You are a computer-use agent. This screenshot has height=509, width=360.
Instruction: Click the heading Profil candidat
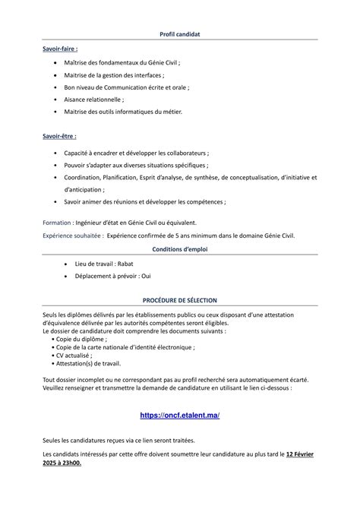point(180,36)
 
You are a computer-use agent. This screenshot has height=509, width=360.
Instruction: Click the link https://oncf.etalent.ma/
point(180,416)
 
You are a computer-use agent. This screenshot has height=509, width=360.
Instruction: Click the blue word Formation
point(57,223)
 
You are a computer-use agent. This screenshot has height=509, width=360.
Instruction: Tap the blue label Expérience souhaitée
point(72,236)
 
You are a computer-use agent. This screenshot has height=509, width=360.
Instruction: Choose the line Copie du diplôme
point(81,338)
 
